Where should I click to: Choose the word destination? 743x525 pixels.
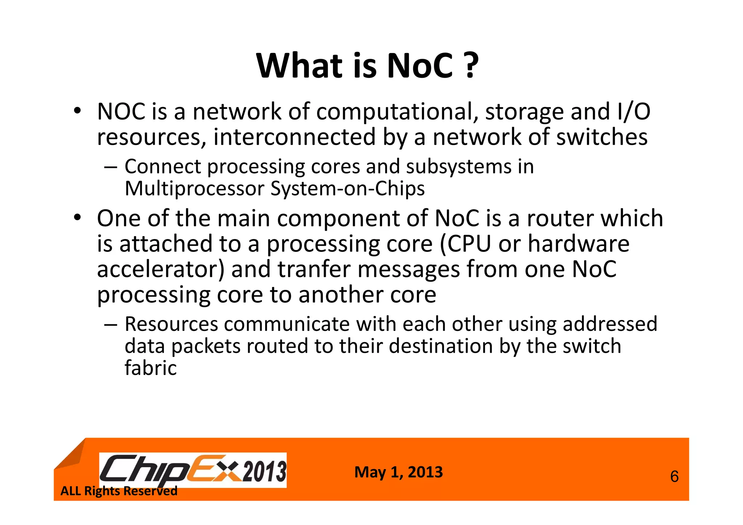click(x=440, y=346)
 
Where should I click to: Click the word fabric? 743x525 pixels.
click(x=151, y=368)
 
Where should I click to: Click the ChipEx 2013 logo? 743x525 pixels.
click(x=193, y=470)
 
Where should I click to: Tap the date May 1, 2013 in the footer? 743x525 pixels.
click(x=398, y=472)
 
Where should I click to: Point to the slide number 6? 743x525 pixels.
click(x=674, y=477)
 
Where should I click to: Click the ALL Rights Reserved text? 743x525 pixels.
click(x=119, y=491)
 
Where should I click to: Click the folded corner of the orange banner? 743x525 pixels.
click(x=71, y=455)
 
